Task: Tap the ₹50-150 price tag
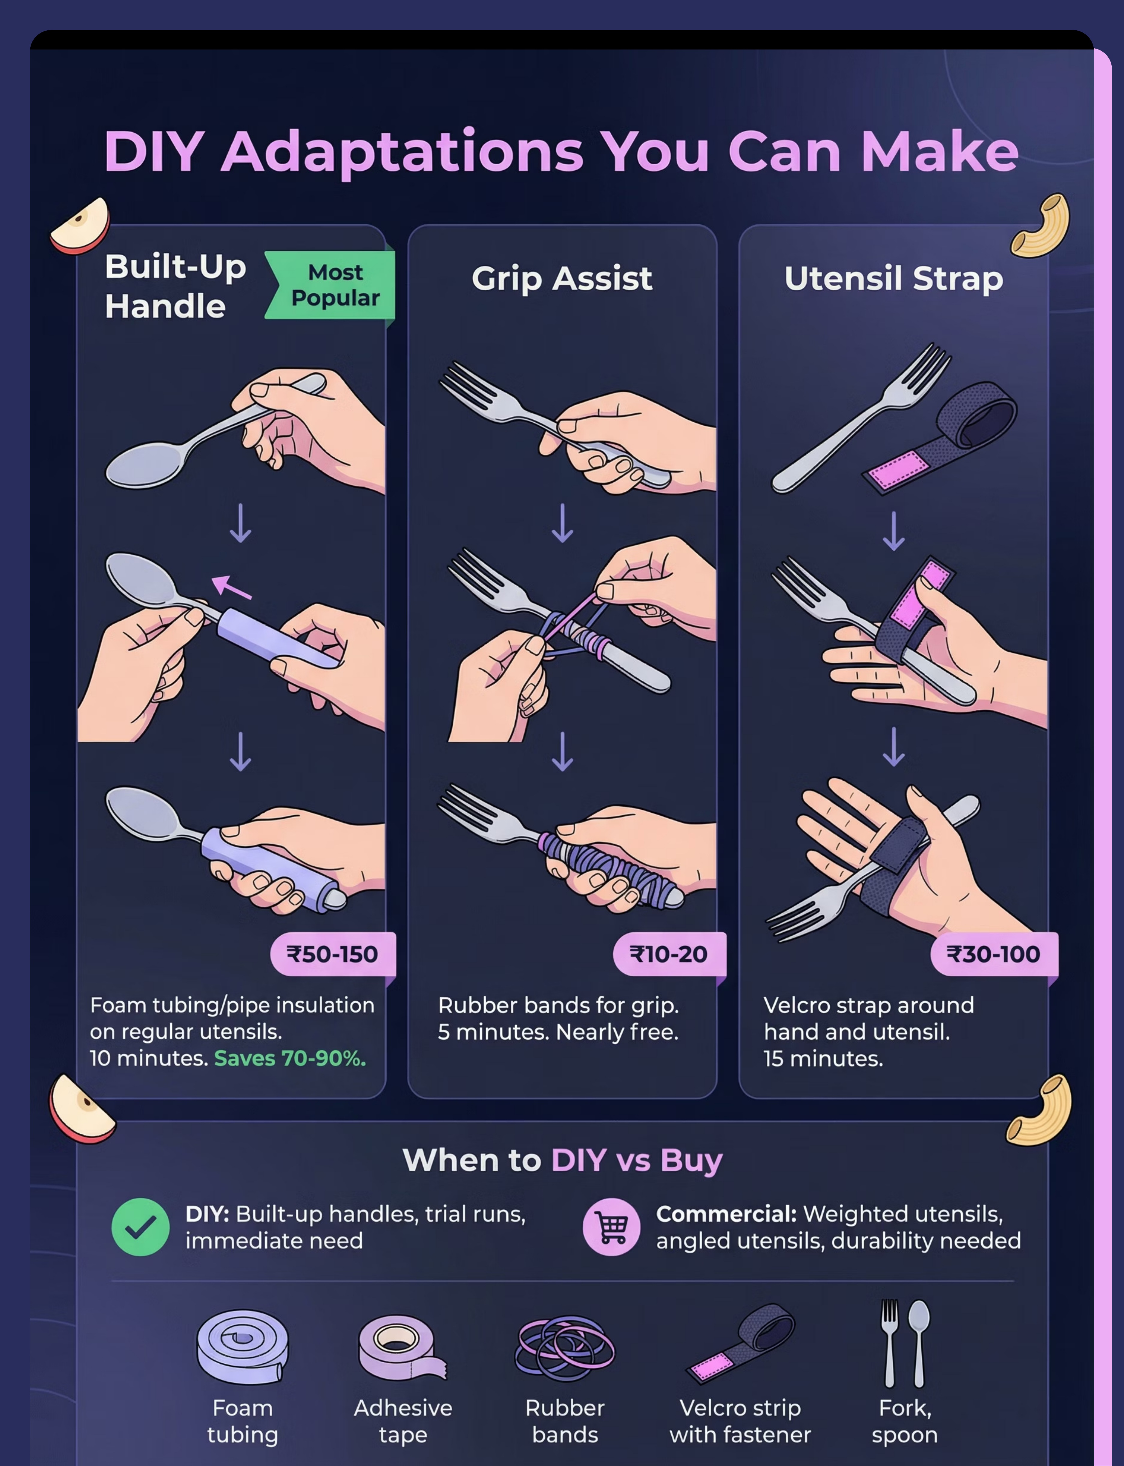point(332,954)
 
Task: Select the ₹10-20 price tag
point(668,954)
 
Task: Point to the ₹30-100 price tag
point(994,954)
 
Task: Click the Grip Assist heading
point(562,278)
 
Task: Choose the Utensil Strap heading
point(894,278)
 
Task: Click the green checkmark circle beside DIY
point(141,1226)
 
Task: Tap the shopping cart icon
point(611,1226)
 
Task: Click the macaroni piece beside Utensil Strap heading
point(1040,226)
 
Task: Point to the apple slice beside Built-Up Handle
point(80,226)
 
